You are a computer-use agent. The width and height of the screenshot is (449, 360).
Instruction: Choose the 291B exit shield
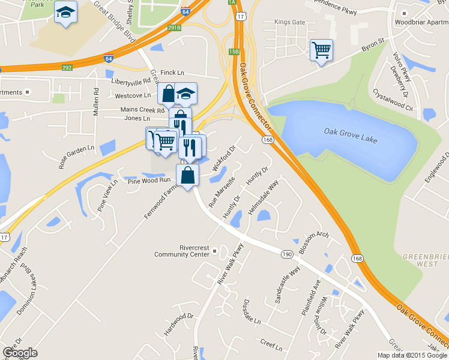coord(175,28)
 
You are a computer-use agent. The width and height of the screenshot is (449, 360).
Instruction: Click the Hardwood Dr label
coord(179,324)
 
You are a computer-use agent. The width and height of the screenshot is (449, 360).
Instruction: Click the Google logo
coord(20,353)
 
